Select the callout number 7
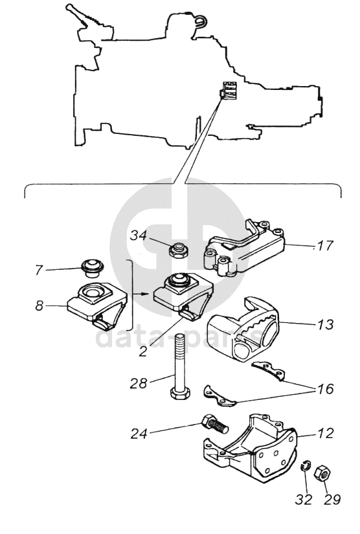39,271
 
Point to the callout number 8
39,306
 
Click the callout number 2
143,351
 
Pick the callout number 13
325,324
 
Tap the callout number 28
139,383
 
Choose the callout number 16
325,388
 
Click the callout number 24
139,433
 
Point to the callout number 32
304,500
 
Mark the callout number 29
332,500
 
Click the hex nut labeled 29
322,473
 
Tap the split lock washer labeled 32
306,465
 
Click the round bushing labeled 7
91,267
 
